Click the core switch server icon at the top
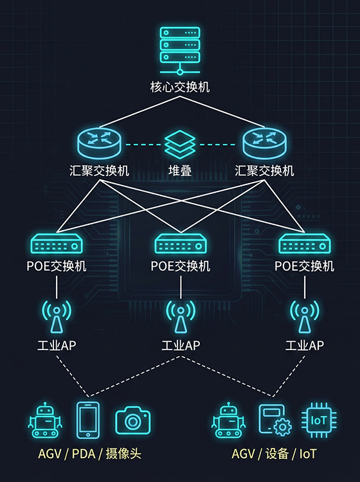180,51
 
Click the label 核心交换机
180,87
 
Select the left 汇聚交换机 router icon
99,143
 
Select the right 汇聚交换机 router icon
265,143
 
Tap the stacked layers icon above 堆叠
180,144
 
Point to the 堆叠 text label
180,170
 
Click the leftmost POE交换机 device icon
57,244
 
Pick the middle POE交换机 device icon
181,244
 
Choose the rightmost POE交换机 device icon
305,244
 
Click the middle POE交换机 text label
181,266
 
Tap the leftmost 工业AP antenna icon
57,317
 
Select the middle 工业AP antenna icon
181,317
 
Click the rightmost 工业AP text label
305,346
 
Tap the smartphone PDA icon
88,420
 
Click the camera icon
133,420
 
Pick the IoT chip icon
319,420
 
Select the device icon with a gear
275,420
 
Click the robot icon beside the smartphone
46,420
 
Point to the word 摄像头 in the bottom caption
123,454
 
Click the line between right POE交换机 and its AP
305,287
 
